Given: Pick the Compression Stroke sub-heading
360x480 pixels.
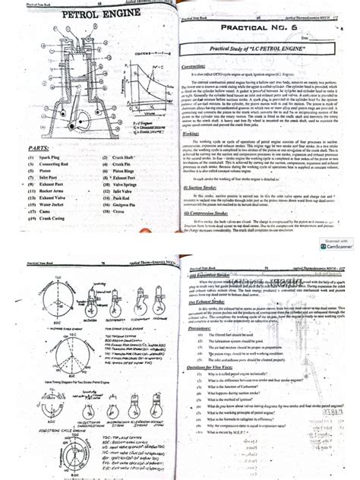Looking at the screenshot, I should click(216, 214).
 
